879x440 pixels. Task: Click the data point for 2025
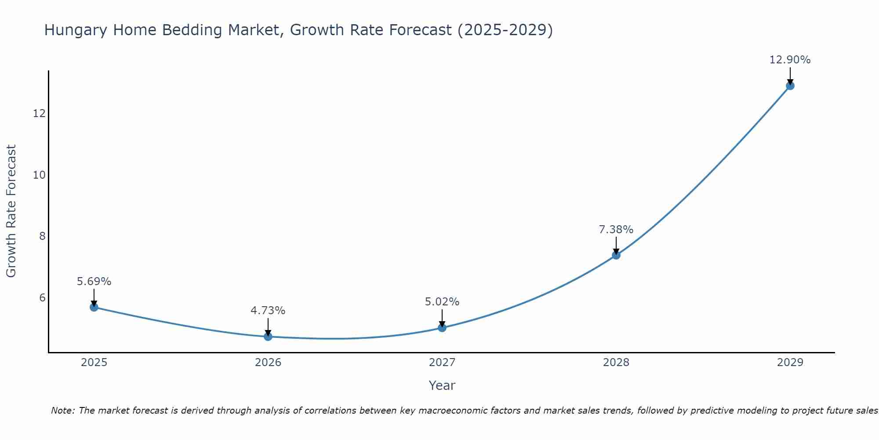point(94,307)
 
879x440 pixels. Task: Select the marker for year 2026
point(268,337)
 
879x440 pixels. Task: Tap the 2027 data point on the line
point(442,328)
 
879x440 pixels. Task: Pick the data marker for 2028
point(616,255)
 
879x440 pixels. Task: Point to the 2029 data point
point(790,86)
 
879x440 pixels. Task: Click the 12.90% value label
point(790,60)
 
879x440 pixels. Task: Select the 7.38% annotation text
point(616,230)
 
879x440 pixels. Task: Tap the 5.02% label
point(442,302)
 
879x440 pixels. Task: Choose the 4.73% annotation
point(268,311)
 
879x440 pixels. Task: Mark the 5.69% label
point(94,282)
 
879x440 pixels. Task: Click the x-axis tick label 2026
point(268,363)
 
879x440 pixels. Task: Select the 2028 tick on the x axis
point(616,363)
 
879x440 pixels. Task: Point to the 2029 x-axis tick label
point(790,363)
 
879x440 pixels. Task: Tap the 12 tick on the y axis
point(39,114)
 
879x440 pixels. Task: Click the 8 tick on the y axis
point(42,236)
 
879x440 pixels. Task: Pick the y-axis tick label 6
point(42,298)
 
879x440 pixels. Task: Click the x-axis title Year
point(442,385)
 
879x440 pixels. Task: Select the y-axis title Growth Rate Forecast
point(11,211)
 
